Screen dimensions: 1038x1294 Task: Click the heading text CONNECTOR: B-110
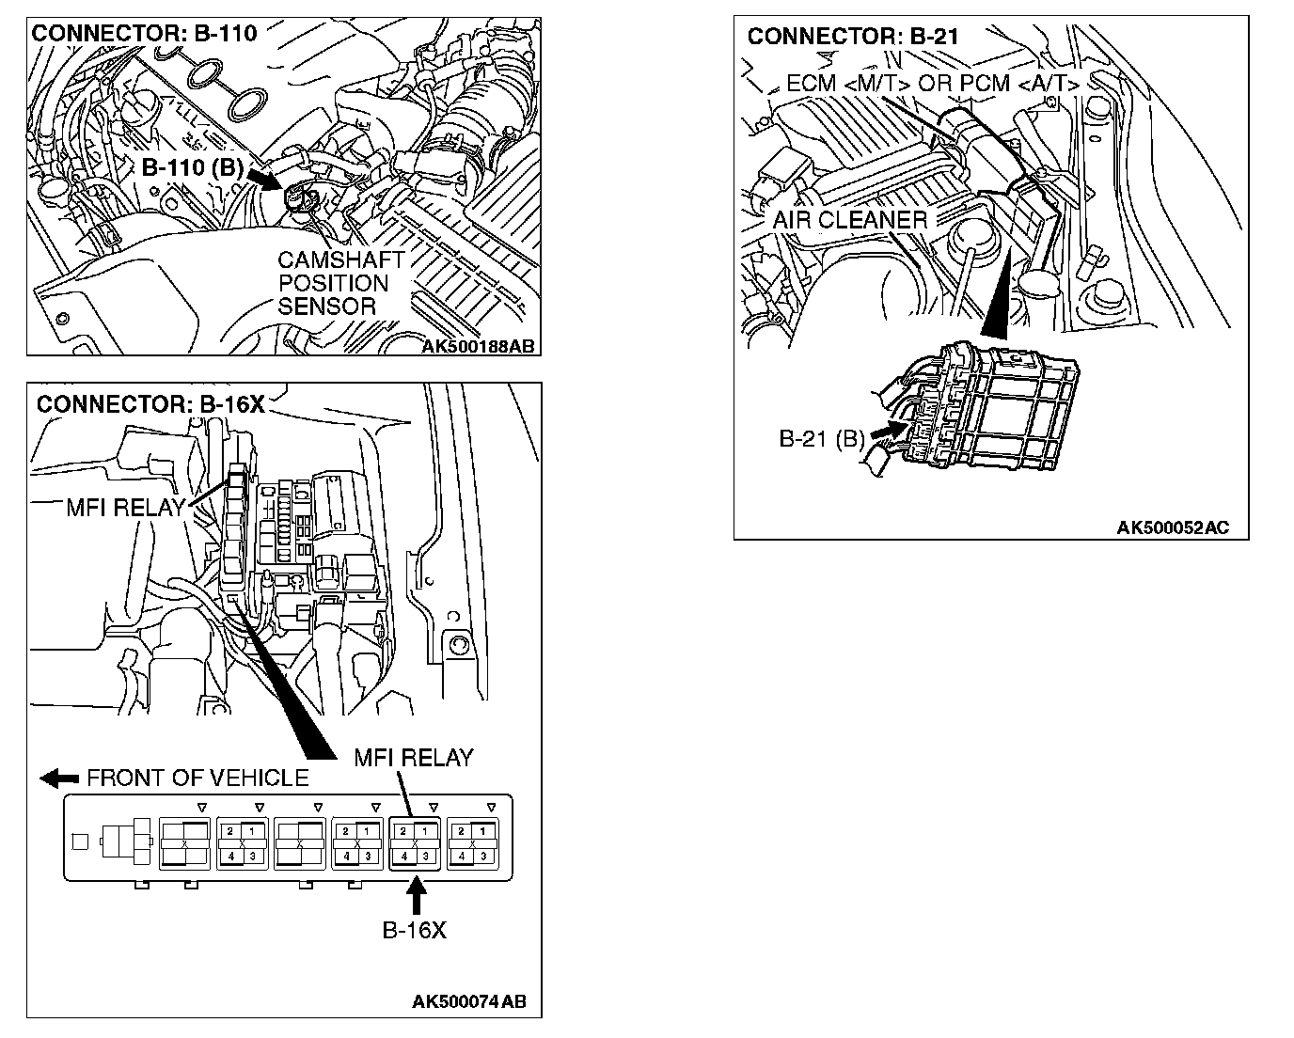click(x=144, y=34)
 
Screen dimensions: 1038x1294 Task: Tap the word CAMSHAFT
click(x=340, y=260)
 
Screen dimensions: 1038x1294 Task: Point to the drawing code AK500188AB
click(x=478, y=346)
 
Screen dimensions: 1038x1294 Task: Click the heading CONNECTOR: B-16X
click(x=150, y=404)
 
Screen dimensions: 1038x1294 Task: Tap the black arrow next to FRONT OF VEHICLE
click(x=59, y=778)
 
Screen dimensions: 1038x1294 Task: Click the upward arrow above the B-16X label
click(x=414, y=895)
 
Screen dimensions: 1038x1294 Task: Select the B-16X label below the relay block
click(x=414, y=931)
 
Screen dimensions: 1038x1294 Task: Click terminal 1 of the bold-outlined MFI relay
click(x=425, y=831)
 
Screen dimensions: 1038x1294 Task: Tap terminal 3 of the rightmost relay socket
click(x=482, y=855)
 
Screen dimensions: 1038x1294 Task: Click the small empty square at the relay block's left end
click(x=80, y=841)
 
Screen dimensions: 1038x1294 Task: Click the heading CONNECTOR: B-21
click(x=852, y=37)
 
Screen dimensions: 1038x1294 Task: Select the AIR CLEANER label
click(x=849, y=220)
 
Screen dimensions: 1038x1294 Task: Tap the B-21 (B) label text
click(x=821, y=438)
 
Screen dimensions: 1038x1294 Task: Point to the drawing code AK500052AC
click(x=1173, y=527)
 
